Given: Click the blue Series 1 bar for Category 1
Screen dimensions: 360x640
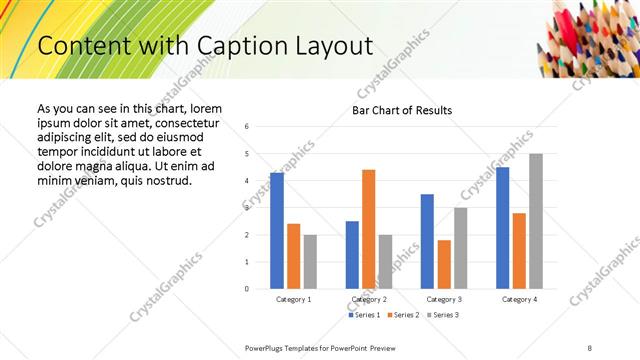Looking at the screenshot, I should point(277,231).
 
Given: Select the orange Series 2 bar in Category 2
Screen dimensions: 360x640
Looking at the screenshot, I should point(369,229).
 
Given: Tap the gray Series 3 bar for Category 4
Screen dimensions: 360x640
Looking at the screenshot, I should point(536,221).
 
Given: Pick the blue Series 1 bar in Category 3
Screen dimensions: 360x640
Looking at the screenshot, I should point(427,241).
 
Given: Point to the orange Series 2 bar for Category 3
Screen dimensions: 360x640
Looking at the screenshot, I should point(444,264).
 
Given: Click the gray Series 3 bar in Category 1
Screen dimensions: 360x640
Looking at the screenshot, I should point(311,262).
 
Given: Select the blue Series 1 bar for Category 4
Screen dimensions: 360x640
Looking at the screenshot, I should point(502,228).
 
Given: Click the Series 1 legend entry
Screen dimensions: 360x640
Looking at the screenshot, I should point(364,315).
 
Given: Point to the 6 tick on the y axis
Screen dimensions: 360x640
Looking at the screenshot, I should point(247,127).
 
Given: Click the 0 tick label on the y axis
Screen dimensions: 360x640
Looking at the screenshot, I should point(247,289).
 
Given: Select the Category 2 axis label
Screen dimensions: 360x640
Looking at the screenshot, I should point(369,299).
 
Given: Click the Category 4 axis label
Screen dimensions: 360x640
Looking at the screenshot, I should point(519,299).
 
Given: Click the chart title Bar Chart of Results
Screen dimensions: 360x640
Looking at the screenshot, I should point(402,110).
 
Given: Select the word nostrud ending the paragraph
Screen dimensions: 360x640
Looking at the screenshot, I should point(166,180).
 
